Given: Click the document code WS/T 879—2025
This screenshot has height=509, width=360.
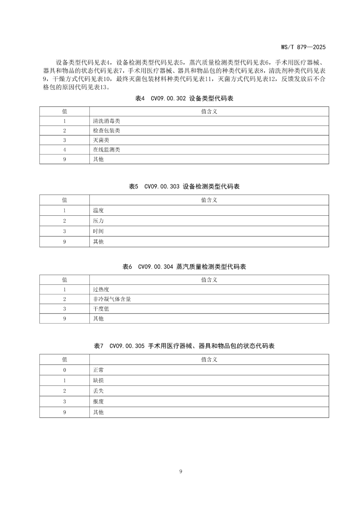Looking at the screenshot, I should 303,47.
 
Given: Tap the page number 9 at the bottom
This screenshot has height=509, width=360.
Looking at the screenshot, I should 181,471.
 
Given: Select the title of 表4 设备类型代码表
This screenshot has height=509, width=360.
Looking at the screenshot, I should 184,98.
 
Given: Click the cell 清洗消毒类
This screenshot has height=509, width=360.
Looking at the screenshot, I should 106,121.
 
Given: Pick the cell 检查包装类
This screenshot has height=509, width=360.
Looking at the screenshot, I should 106,131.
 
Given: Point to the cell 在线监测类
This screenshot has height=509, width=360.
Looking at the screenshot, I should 106,150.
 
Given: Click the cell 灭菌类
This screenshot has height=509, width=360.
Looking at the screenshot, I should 101,140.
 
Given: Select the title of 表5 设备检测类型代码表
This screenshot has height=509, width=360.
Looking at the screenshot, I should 184,187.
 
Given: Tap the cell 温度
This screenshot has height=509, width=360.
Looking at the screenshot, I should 98,210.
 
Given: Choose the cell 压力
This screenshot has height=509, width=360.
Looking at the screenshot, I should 98,221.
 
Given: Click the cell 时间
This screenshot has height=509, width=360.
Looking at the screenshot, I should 98,231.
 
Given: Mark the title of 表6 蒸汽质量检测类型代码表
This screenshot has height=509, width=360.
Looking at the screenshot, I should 184,267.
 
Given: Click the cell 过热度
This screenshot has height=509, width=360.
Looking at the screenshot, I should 101,290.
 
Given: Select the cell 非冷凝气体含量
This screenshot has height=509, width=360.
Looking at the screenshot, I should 112,299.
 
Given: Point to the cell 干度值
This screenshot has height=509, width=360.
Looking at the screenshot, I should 101,309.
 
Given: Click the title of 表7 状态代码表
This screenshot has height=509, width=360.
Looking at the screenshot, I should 184,346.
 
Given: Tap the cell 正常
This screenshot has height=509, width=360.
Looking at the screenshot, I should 98,370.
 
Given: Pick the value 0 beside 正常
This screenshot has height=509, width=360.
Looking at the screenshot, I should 65,370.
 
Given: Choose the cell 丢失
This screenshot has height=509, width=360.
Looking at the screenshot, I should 98,391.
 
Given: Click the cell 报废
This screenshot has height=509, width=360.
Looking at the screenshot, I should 98,402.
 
